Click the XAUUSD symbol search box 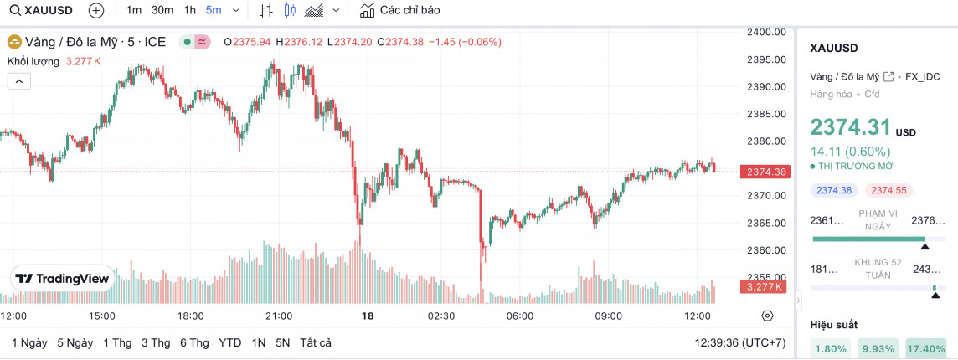click(42, 11)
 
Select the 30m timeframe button click(162, 11)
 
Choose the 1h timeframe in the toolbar click(190, 11)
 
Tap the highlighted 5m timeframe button click(214, 11)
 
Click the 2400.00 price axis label click(765, 32)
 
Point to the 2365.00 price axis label click(765, 223)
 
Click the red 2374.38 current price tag click(765, 172)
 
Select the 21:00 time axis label click(278, 316)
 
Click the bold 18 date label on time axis click(367, 316)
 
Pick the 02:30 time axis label click(441, 316)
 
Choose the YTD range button click(230, 342)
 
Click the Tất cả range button click(316, 342)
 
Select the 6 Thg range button click(193, 342)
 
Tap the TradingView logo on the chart click(62, 279)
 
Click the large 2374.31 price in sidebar click(850, 127)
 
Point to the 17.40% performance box click(925, 348)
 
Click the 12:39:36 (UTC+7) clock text click(740, 342)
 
